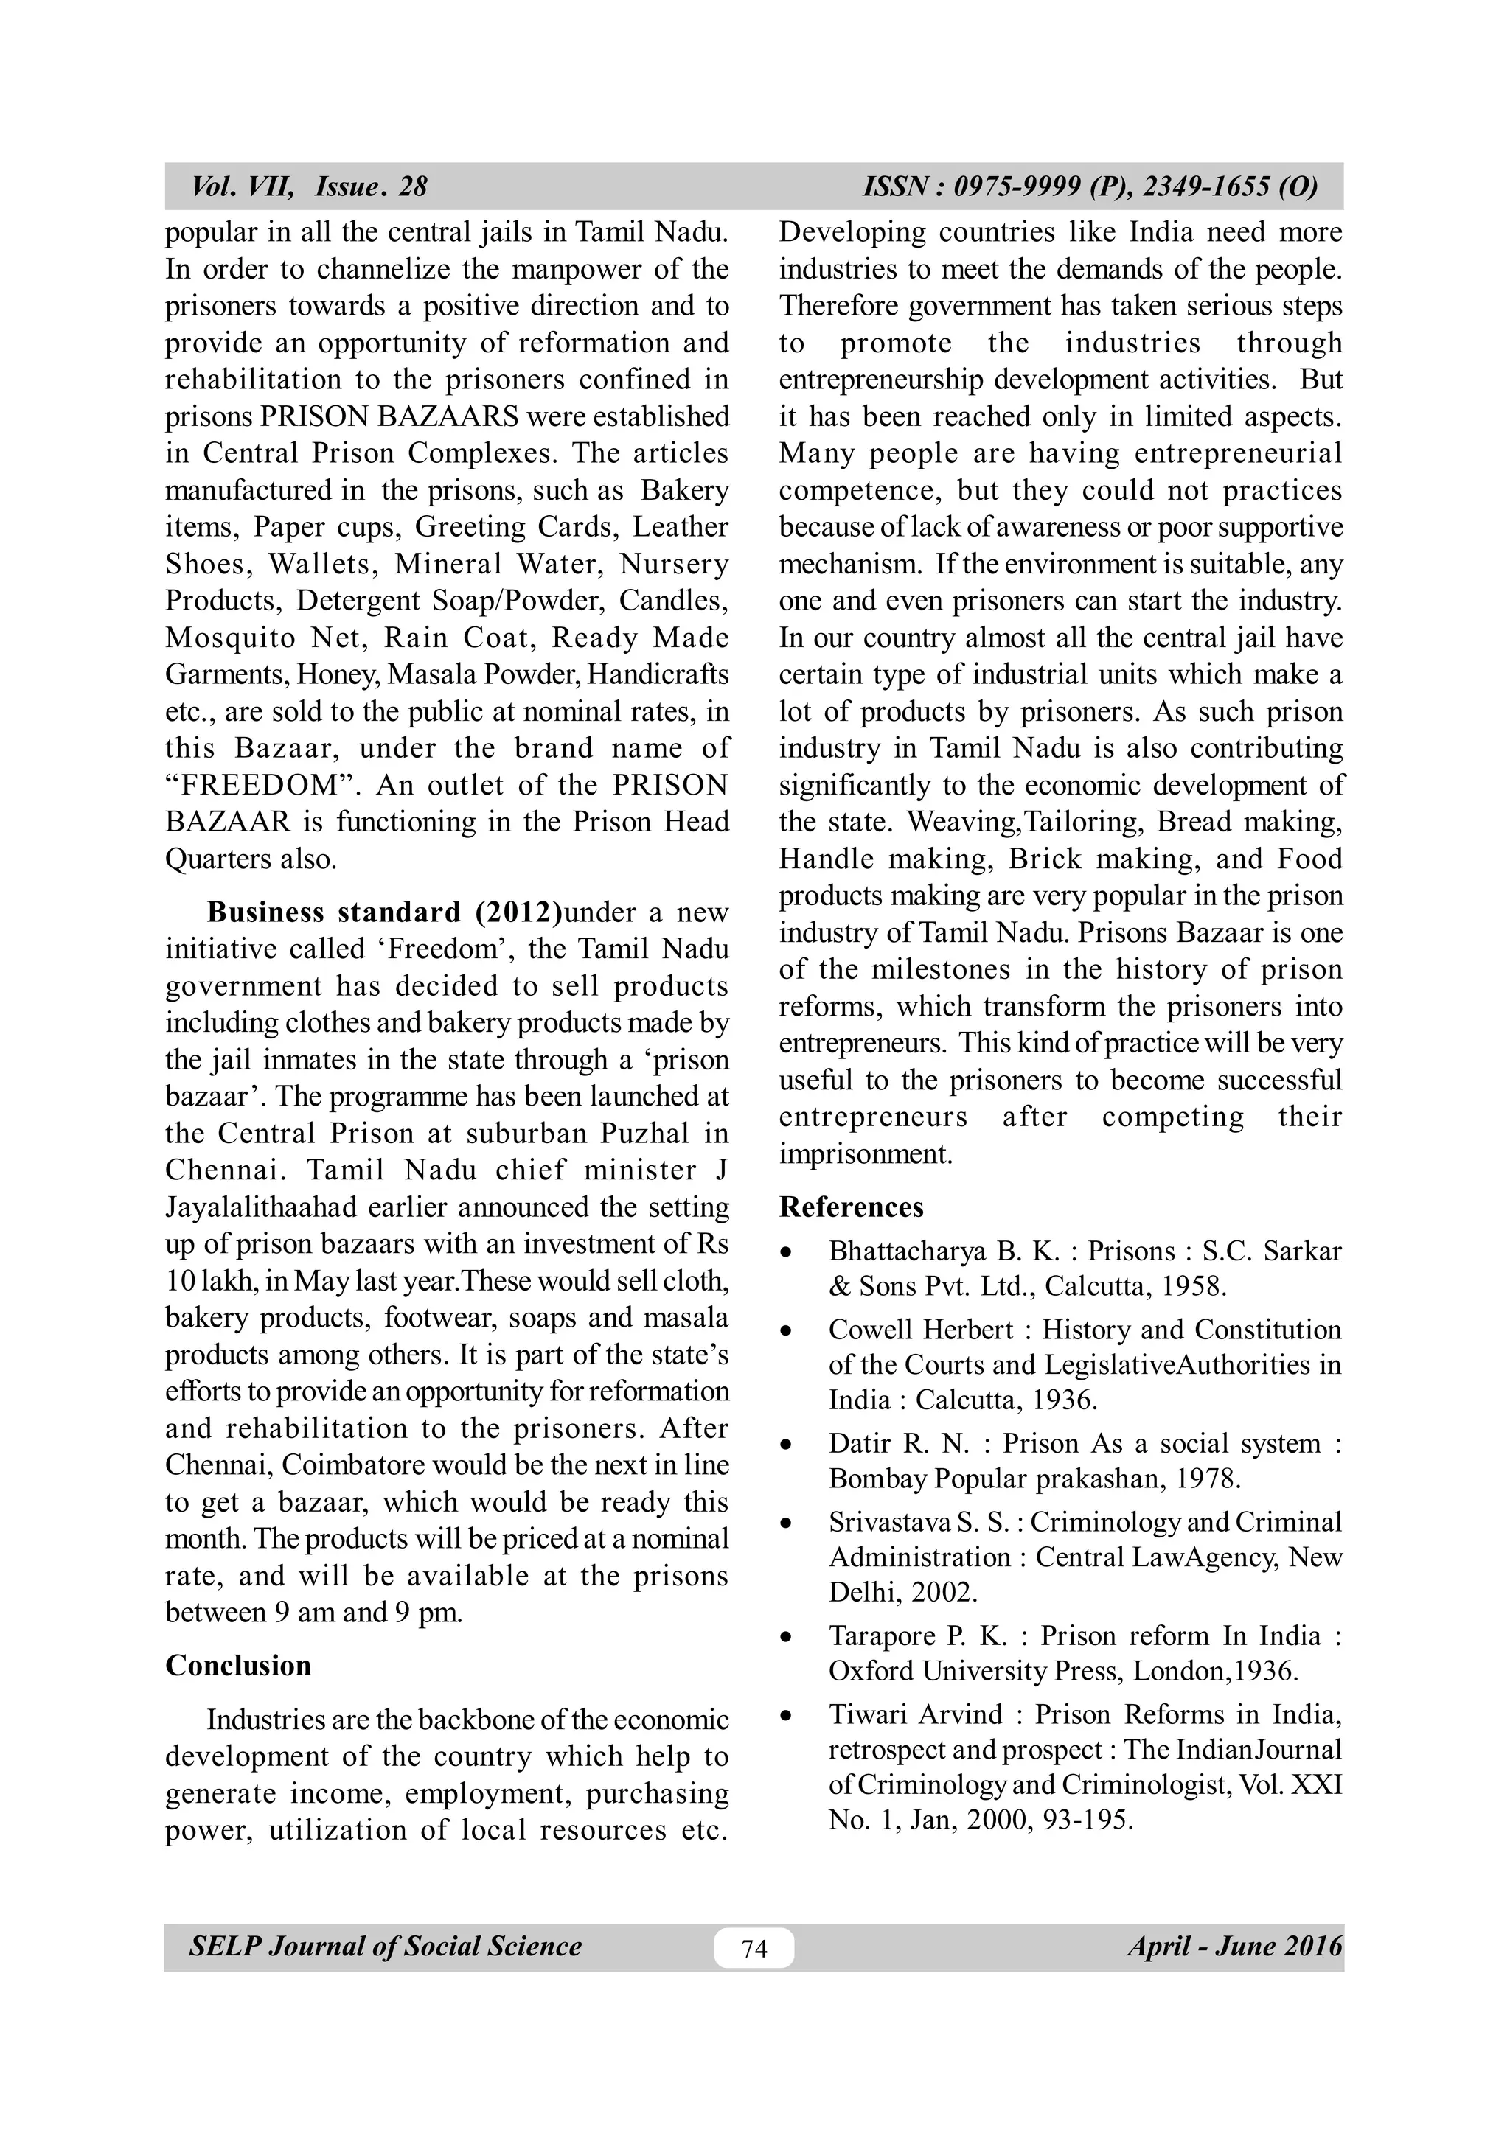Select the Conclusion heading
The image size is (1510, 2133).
click(238, 1666)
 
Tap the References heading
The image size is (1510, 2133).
click(851, 1207)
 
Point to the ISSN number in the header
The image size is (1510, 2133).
click(1090, 186)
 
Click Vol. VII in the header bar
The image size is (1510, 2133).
click(242, 186)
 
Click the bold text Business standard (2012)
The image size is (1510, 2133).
click(384, 912)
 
